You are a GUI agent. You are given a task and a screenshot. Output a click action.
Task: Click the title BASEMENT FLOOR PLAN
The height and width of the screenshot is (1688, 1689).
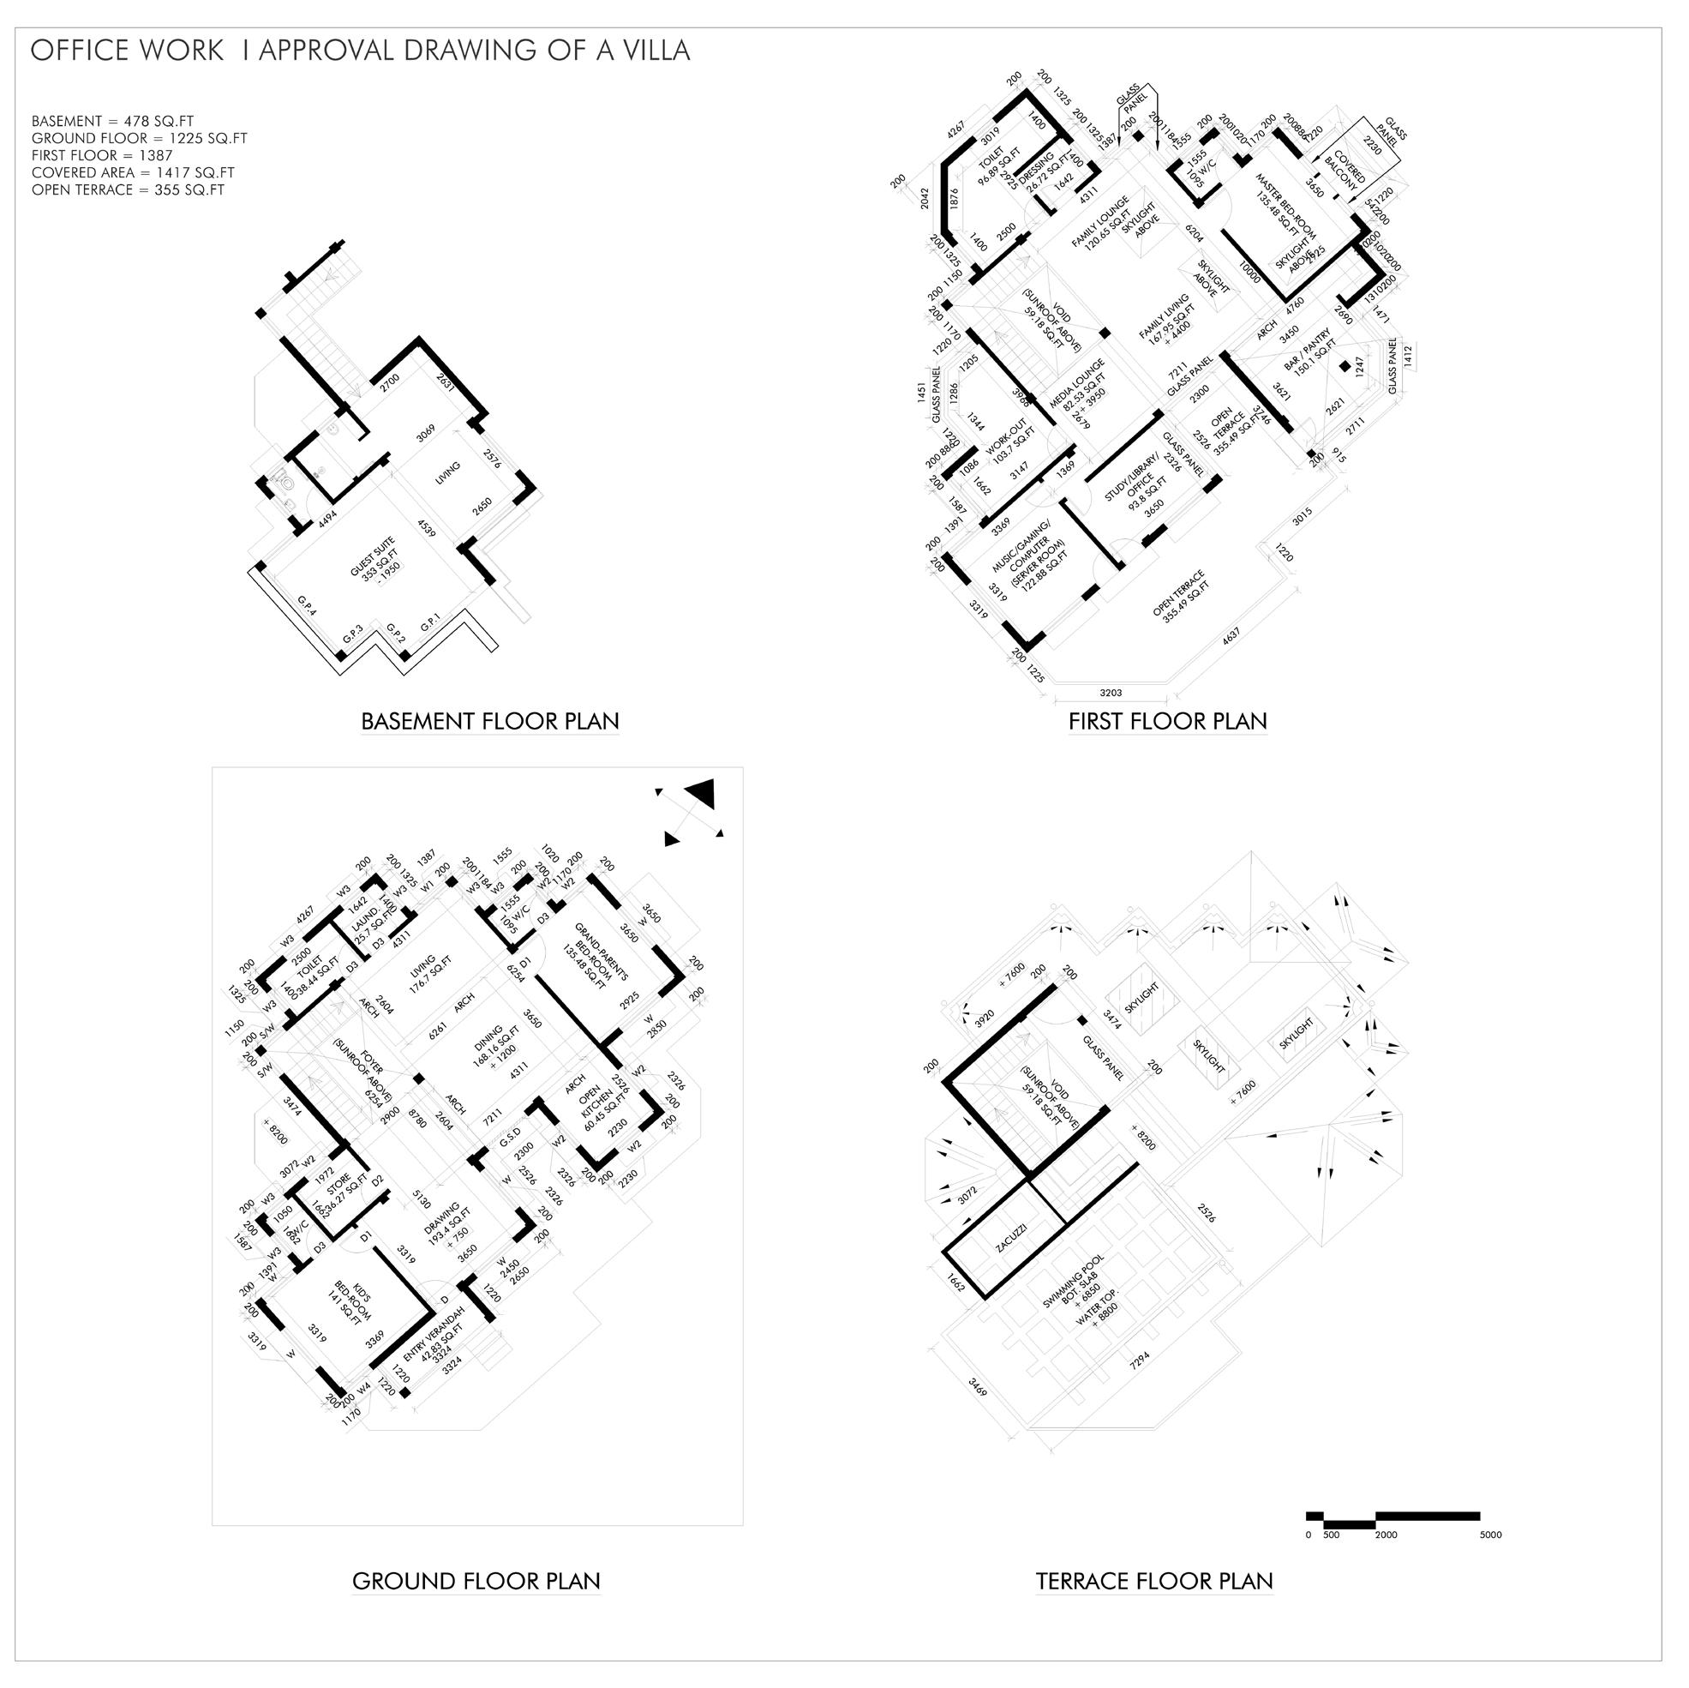click(489, 722)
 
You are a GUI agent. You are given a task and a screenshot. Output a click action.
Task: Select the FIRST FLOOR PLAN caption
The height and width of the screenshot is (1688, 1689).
click(1167, 722)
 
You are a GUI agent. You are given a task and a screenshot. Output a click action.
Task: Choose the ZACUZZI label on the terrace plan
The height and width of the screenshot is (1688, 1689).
click(1010, 1240)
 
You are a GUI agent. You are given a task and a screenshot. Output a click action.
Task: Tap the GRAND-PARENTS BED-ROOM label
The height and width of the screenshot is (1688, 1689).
click(595, 955)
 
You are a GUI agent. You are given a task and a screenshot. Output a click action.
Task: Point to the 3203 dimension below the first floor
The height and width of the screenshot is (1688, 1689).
click(1111, 693)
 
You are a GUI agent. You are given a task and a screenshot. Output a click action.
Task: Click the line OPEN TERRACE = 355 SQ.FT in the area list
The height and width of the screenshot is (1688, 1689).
click(128, 189)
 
